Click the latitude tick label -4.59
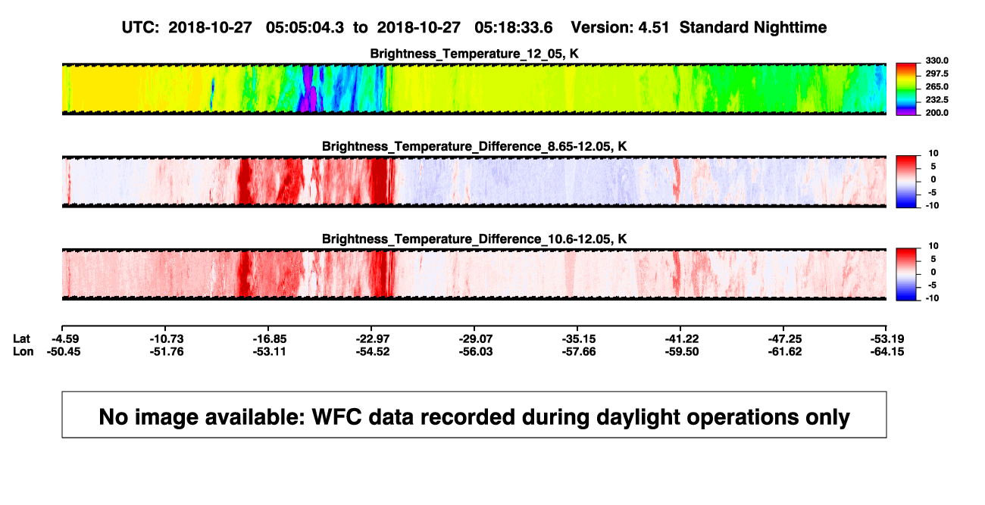[65, 339]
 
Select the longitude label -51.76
[167, 352]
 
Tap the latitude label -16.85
[270, 339]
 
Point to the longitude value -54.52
[373, 352]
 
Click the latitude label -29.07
[476, 339]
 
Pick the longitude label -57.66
[579, 352]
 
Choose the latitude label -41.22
[682, 339]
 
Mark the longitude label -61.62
[785, 352]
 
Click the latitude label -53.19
[887, 339]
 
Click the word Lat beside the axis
[21, 339]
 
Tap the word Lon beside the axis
[23, 352]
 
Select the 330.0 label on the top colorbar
[937, 61]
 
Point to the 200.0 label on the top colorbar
[937, 113]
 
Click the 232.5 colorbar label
[937, 100]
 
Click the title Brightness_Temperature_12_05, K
[474, 54]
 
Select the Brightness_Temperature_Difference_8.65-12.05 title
[466, 146]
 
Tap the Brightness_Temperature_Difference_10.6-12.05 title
[466, 239]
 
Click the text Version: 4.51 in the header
[620, 28]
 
